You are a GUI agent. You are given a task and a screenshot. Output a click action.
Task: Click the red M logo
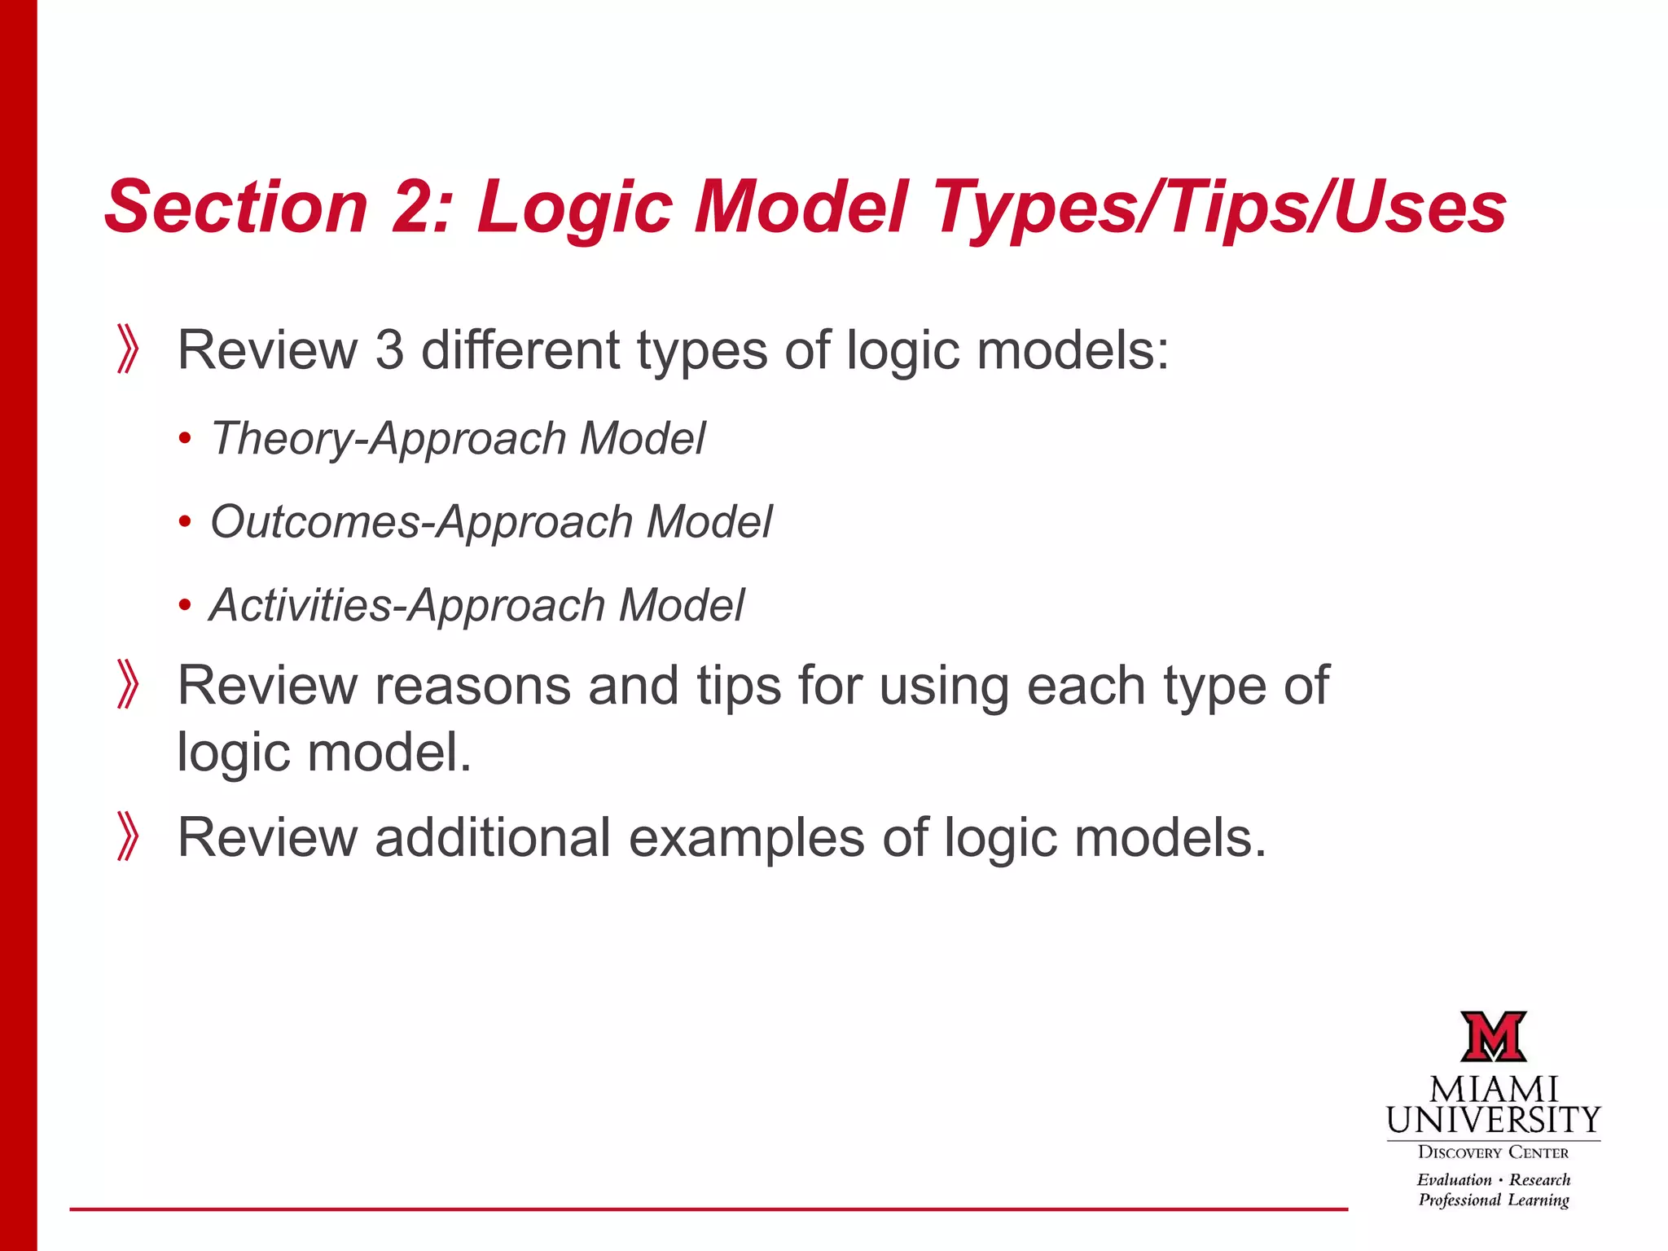click(1493, 1036)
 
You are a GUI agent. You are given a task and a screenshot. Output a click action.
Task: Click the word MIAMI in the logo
click(1494, 1091)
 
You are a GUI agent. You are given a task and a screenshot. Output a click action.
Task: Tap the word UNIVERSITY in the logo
click(1494, 1122)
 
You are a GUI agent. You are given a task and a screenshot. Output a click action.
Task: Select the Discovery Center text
click(1493, 1152)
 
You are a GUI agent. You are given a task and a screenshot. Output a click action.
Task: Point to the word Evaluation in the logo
click(1454, 1180)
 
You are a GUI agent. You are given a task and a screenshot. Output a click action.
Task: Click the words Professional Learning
click(1493, 1201)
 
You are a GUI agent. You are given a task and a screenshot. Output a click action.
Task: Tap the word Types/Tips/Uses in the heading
click(1219, 207)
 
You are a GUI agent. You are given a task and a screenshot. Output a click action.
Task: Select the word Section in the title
click(236, 207)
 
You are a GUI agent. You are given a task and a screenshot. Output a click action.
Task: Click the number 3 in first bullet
click(389, 350)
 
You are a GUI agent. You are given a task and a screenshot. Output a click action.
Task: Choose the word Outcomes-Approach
click(421, 522)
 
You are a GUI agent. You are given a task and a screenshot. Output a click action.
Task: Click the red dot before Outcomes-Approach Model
click(185, 522)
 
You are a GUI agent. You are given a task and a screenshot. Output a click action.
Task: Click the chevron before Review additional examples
click(128, 836)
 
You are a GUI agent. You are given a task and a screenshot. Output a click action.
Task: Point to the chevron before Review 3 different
click(128, 349)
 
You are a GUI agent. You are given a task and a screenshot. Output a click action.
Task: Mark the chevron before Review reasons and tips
click(128, 685)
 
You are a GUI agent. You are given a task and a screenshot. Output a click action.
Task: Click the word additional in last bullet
click(492, 837)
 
